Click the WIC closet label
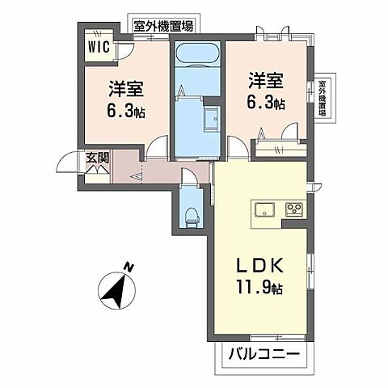coord(101,47)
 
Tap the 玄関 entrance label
coord(96,158)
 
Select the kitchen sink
coord(265,210)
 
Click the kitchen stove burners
coord(293,210)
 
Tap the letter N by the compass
coord(129,267)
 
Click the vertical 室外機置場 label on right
coord(323,98)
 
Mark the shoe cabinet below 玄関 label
coord(97,172)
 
